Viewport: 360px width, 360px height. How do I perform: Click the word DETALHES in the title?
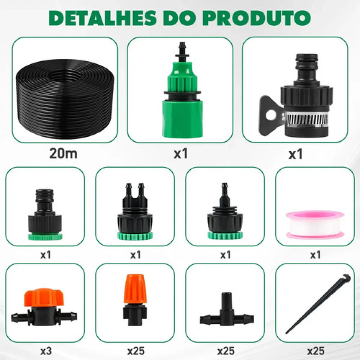pyautogui.click(x=102, y=18)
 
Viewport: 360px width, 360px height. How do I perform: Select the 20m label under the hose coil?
pyautogui.click(x=63, y=153)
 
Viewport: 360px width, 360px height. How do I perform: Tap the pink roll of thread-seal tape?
pyautogui.click(x=315, y=225)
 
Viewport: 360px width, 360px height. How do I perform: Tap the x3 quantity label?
pyautogui.click(x=46, y=351)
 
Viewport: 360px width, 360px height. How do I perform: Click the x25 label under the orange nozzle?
pyautogui.click(x=136, y=351)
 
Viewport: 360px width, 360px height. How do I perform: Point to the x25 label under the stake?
pyautogui.click(x=316, y=351)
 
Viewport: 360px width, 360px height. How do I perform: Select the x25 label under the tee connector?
pyautogui.click(x=226, y=351)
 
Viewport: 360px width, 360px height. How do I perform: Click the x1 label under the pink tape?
pyautogui.click(x=315, y=255)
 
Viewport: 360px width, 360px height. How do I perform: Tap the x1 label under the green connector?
pyautogui.click(x=181, y=153)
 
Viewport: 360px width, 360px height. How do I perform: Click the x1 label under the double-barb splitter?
pyautogui.click(x=135, y=255)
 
